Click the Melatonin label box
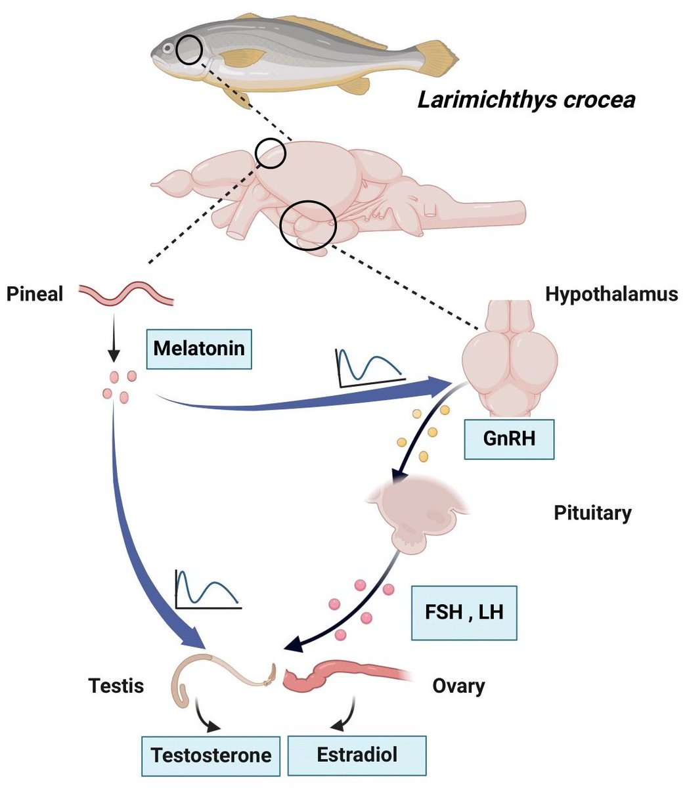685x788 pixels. point(199,348)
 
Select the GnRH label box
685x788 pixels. point(508,439)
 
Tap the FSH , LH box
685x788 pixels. point(464,613)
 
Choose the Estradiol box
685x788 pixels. point(357,754)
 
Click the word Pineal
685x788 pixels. point(34,294)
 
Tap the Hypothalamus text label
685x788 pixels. point(611,294)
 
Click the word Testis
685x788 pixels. point(116,686)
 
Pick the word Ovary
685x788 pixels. point(458,686)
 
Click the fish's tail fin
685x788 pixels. point(437,56)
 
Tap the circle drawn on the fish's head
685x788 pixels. point(189,51)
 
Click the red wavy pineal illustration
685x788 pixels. point(126,294)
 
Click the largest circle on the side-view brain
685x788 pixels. point(308,225)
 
